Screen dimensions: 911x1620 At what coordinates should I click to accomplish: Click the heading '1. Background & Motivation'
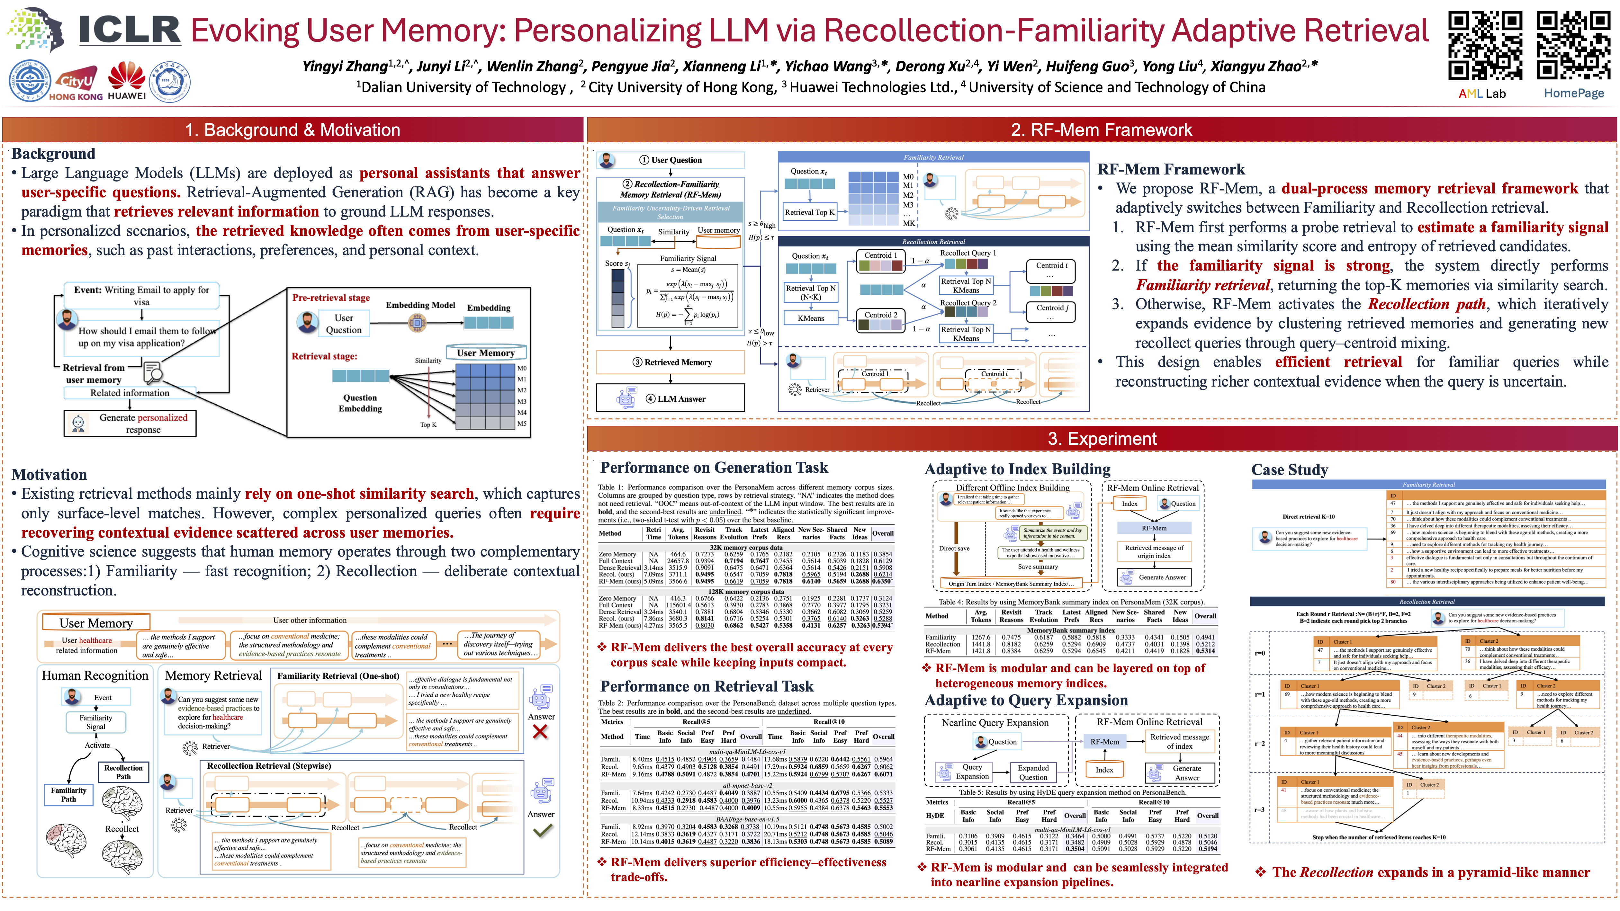pyautogui.click(x=292, y=130)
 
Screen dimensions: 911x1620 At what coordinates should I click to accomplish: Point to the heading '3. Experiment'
pyautogui.click(x=1102, y=439)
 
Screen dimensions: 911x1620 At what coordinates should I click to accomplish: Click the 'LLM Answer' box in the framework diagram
pyautogui.click(x=670, y=398)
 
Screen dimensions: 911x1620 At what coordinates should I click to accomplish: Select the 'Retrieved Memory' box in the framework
pyautogui.click(x=670, y=362)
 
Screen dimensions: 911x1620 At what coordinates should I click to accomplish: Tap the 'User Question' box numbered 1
pyautogui.click(x=670, y=160)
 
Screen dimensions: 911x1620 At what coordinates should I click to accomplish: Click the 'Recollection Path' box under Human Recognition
pyautogui.click(x=123, y=772)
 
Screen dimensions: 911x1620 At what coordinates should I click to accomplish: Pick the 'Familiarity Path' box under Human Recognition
pyautogui.click(x=68, y=795)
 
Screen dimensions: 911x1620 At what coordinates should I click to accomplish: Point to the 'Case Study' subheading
pyautogui.click(x=1289, y=470)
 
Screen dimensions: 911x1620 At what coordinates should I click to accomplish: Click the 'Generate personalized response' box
pyautogui.click(x=130, y=423)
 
